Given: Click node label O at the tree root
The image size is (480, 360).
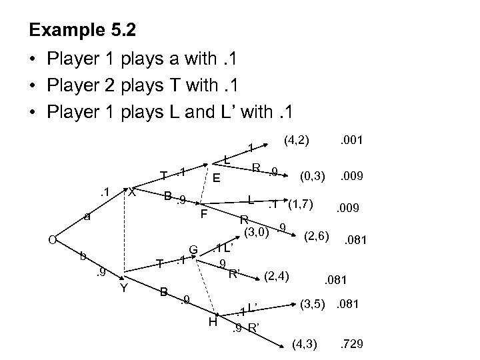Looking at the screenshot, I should coord(42,240).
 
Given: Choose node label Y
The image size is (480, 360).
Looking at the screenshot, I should coord(123,288).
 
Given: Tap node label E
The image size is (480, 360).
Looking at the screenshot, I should coord(217,179).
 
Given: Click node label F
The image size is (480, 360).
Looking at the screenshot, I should coord(205,215).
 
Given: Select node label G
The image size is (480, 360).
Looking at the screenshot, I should coord(192,249).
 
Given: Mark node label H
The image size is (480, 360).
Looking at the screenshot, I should coord(213,323).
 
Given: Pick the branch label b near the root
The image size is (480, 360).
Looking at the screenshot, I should coord(82,255).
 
